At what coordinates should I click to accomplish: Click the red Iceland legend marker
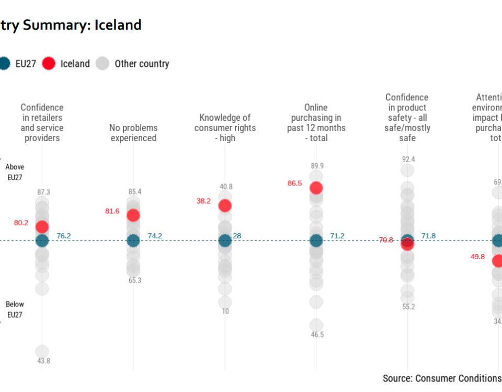(x=49, y=64)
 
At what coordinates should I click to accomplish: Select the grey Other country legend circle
(x=103, y=64)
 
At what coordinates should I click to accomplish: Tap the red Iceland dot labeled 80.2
(x=42, y=226)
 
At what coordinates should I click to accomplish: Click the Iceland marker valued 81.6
(x=133, y=215)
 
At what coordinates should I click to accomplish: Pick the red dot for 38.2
(x=225, y=205)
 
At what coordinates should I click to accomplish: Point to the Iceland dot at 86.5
(x=316, y=188)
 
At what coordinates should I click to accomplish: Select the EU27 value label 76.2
(x=63, y=236)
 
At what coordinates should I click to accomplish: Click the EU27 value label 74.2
(x=155, y=236)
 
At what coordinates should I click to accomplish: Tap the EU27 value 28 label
(x=237, y=236)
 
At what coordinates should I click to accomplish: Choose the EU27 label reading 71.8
(x=428, y=236)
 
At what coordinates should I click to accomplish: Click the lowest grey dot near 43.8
(x=42, y=351)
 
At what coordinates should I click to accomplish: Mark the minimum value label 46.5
(x=316, y=335)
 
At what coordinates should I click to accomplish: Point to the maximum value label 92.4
(x=408, y=159)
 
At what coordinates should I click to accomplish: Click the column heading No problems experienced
(x=133, y=133)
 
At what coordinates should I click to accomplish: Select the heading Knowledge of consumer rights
(x=225, y=128)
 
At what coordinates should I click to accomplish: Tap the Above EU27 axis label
(x=15, y=172)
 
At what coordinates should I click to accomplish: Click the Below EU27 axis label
(x=15, y=309)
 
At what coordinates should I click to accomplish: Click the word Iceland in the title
(x=118, y=25)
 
